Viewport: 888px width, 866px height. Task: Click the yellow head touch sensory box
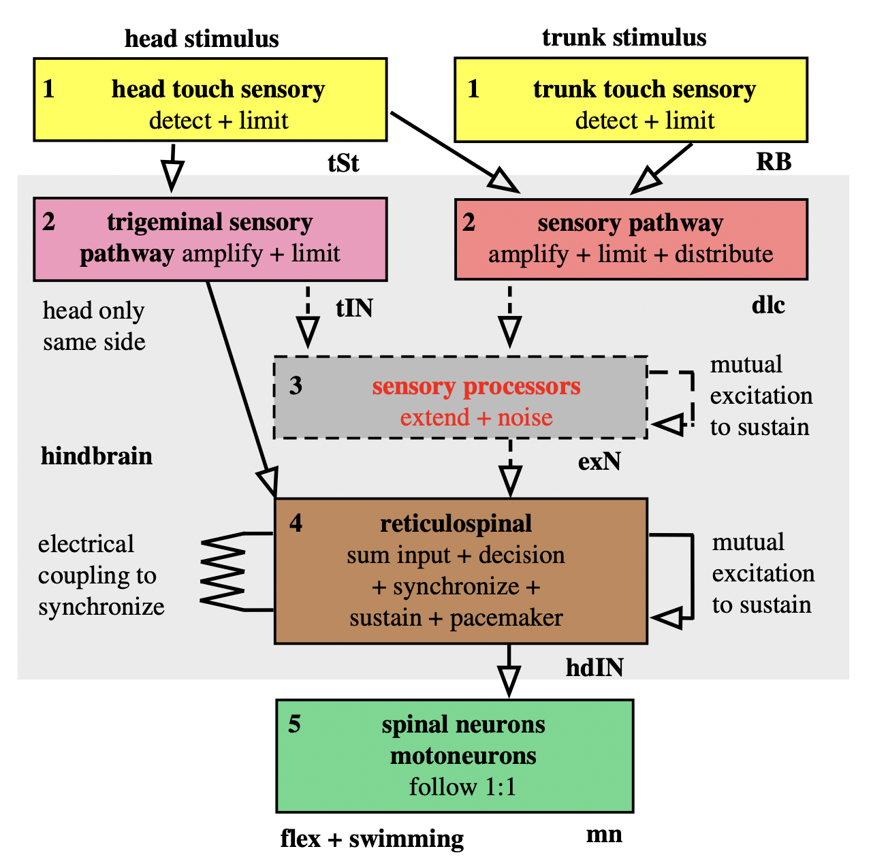[210, 99]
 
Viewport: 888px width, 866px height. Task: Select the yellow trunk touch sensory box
[631, 99]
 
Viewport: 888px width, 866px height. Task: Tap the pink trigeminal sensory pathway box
[210, 239]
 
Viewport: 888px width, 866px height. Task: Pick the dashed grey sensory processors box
[460, 398]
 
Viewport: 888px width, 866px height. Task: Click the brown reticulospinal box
[460, 571]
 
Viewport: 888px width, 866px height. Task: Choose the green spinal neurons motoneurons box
[455, 756]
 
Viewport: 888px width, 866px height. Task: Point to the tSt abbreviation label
[343, 163]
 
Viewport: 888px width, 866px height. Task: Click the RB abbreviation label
[774, 162]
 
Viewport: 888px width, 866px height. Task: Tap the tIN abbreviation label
[354, 308]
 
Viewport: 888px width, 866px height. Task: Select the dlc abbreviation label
[768, 305]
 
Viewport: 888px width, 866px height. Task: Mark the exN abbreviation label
[599, 462]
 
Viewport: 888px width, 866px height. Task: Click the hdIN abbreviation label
[594, 668]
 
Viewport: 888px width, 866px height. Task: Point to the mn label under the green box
[604, 834]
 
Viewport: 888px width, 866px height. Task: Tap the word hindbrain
[97, 455]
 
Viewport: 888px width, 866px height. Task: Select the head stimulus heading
[202, 39]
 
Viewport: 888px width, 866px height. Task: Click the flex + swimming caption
[372, 839]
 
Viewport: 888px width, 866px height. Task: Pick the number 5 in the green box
[294, 724]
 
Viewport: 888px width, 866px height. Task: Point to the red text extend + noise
[476, 417]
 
